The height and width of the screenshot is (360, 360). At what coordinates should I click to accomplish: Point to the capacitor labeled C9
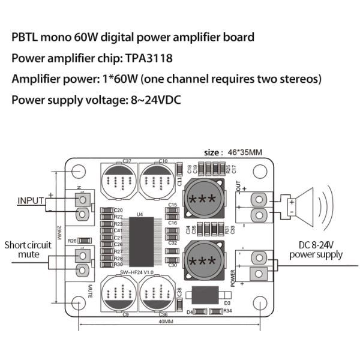[120, 294]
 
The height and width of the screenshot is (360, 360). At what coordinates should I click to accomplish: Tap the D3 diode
[206, 296]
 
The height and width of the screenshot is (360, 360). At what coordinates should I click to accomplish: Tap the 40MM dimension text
[166, 322]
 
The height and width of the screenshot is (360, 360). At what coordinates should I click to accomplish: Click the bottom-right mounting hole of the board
[260, 302]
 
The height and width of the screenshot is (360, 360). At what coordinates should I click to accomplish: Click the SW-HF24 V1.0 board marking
[137, 272]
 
